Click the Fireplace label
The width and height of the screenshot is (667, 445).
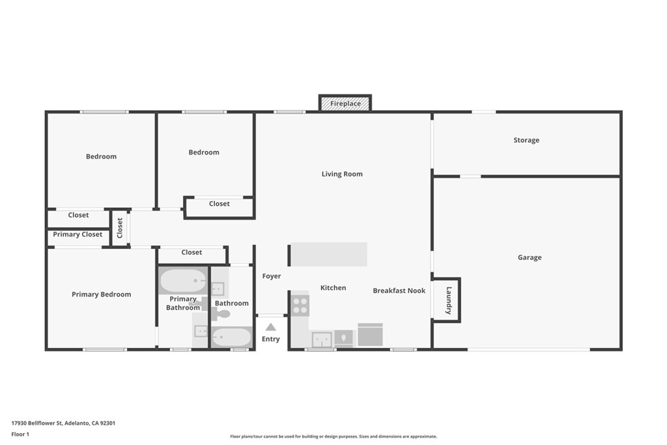coord(345,104)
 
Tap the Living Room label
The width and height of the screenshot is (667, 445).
coord(342,174)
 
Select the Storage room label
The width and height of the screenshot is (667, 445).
coord(526,140)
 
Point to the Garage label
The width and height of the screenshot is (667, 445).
coord(530,257)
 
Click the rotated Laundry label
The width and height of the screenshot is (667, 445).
coord(449,300)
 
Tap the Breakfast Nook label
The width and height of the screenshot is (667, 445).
coord(399,291)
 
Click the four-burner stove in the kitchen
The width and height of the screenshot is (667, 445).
coord(300,306)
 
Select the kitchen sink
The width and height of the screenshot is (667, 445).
coord(322,339)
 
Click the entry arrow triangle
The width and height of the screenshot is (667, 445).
coord(270,326)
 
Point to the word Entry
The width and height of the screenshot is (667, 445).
coord(270,339)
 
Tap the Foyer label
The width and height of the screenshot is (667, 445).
coord(272,276)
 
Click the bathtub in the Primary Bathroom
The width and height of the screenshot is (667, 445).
coord(183,281)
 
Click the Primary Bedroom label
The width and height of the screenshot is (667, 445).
coord(101,294)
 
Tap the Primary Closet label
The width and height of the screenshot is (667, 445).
coord(78,235)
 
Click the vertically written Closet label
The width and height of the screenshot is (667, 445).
coord(120,228)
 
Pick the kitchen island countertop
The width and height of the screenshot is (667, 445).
coord(329,254)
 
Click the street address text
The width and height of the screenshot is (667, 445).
coord(63,423)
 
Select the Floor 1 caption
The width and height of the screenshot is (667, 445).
coord(20,435)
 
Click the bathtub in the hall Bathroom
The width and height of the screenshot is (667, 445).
coord(232,337)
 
